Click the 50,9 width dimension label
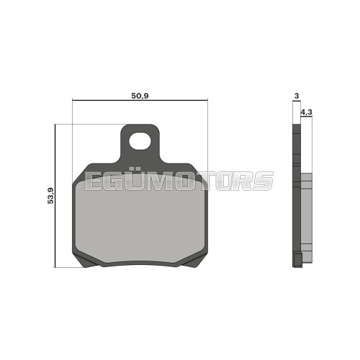[x=140, y=96]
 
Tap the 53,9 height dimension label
[x=50, y=195]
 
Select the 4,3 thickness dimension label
[x=305, y=112]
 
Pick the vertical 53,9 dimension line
[x=56, y=230]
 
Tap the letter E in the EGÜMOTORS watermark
[x=95, y=181]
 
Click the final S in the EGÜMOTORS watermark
[x=264, y=181]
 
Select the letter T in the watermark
[x=202, y=181]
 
